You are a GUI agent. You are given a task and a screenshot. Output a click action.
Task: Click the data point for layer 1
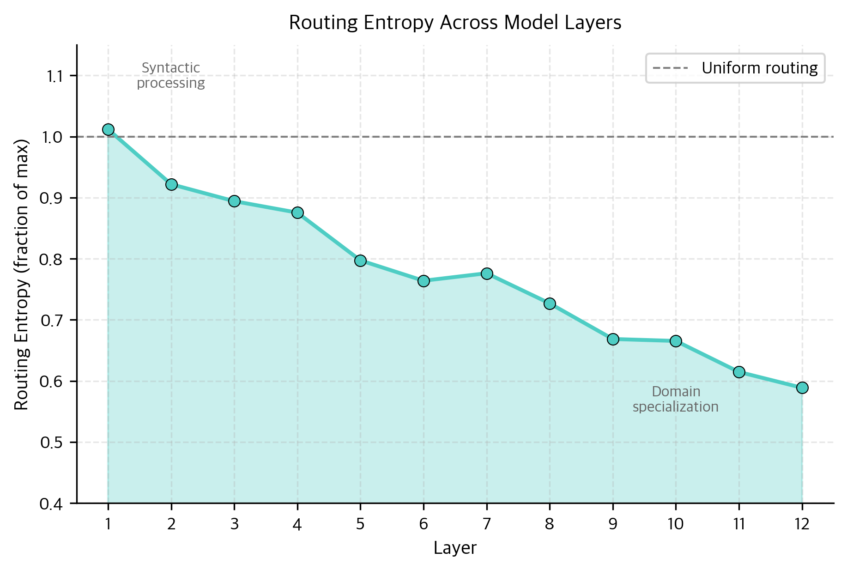[x=108, y=129]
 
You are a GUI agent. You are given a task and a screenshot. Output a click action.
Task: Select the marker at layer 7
[x=487, y=273]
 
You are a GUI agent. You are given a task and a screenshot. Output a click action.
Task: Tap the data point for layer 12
[x=802, y=388]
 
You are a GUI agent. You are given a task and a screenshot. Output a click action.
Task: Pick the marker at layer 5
[x=360, y=261]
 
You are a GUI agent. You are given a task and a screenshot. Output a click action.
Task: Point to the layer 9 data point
[x=613, y=339]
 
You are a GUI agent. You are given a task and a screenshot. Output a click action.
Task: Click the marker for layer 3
[x=234, y=201]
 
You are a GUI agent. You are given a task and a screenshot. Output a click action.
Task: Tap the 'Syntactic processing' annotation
[x=171, y=75]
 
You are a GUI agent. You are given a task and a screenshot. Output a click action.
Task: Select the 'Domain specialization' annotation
[x=676, y=399]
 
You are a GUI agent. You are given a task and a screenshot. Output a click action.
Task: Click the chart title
[x=455, y=23]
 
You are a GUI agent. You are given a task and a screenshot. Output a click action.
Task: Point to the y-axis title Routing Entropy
[x=22, y=274]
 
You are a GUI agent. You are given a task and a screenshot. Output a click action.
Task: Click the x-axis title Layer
[x=455, y=548]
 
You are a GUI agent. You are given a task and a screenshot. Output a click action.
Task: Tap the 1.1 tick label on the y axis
[x=55, y=76]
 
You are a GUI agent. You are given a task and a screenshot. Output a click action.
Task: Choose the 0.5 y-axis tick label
[x=52, y=443]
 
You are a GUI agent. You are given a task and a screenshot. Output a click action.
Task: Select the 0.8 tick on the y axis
[x=52, y=259]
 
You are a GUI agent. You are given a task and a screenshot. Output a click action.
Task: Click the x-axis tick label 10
[x=676, y=524]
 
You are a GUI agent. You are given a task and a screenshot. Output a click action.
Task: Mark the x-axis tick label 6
[x=423, y=524]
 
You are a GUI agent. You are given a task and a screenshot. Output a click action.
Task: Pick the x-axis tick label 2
[x=171, y=524]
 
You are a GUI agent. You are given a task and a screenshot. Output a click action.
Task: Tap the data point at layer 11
[x=739, y=372]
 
